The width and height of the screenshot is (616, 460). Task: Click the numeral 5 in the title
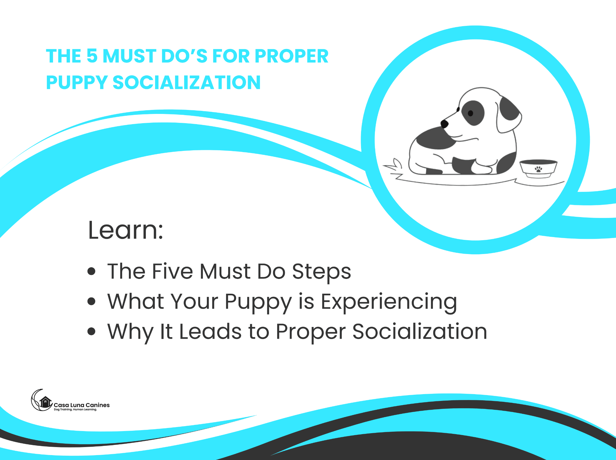tap(92, 56)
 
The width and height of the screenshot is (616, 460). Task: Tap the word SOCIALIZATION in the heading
tap(187, 83)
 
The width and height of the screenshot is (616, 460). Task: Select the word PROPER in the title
tap(292, 56)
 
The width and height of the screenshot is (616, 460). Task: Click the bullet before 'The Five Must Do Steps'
tap(92, 271)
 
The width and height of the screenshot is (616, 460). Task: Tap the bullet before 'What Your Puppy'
tap(92, 301)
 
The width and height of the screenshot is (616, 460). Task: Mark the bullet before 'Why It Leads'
tap(92, 331)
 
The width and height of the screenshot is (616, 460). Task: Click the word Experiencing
tap(389, 302)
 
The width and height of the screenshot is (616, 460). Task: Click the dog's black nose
tap(444, 124)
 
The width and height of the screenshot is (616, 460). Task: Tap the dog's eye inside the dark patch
tap(470, 113)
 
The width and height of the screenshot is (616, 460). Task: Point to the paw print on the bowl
tap(538, 169)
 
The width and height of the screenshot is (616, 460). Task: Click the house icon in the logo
tap(45, 402)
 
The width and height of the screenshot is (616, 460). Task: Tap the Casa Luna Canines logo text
tap(82, 405)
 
